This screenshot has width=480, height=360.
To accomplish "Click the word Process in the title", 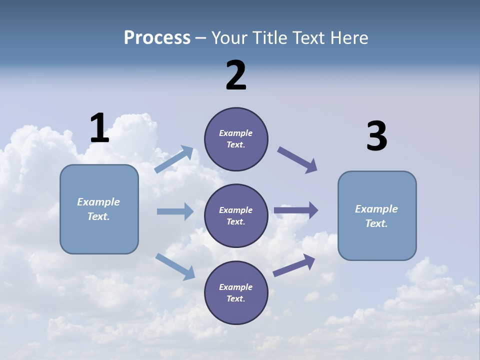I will point(157,38).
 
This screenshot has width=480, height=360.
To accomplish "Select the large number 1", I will point(99,128).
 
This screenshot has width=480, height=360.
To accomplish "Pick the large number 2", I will point(236,75).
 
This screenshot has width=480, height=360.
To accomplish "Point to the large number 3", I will point(376,136).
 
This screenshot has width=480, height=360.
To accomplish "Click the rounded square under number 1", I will point(99,209).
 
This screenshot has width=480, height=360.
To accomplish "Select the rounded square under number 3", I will point(377,215).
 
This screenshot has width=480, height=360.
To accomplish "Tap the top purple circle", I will point(236,139).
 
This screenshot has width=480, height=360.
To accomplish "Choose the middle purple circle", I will point(236,215).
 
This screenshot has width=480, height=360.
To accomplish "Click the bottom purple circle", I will point(236,292).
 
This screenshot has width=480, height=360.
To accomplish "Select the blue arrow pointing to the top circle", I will point(174,159).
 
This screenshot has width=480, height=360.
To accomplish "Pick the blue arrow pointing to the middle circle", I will point(175,211).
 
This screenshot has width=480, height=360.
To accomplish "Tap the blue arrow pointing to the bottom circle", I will point(175,266).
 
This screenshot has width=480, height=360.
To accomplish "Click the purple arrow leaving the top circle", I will point(297,160).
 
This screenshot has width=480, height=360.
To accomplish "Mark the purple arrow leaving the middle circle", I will point(296,210).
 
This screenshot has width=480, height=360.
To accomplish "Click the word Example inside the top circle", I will point(236,133).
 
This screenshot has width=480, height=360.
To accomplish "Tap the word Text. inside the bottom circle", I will point(236,298).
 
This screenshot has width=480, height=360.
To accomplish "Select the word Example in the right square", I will point(376,209).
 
